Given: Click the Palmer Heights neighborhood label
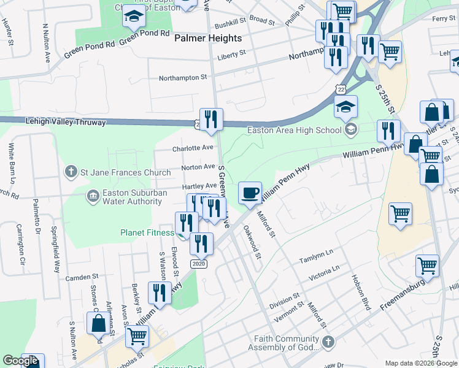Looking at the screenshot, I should coord(209,38).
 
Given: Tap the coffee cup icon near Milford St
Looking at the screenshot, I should coord(250,193).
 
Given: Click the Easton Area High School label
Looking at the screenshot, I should coord(294,129).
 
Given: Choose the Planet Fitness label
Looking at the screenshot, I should coord(147,232).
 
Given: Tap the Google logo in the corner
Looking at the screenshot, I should coord(20,361).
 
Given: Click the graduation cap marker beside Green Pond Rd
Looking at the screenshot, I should coord(133,18).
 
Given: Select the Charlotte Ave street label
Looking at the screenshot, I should coord(193,148).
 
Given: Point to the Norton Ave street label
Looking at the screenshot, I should coord(198,167).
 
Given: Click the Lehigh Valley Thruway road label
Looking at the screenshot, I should coord(66,123).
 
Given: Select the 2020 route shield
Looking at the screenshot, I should coord(198,264).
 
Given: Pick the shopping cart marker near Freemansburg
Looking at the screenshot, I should coord(427,266).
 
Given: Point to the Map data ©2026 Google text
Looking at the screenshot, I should coord(421,363).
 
